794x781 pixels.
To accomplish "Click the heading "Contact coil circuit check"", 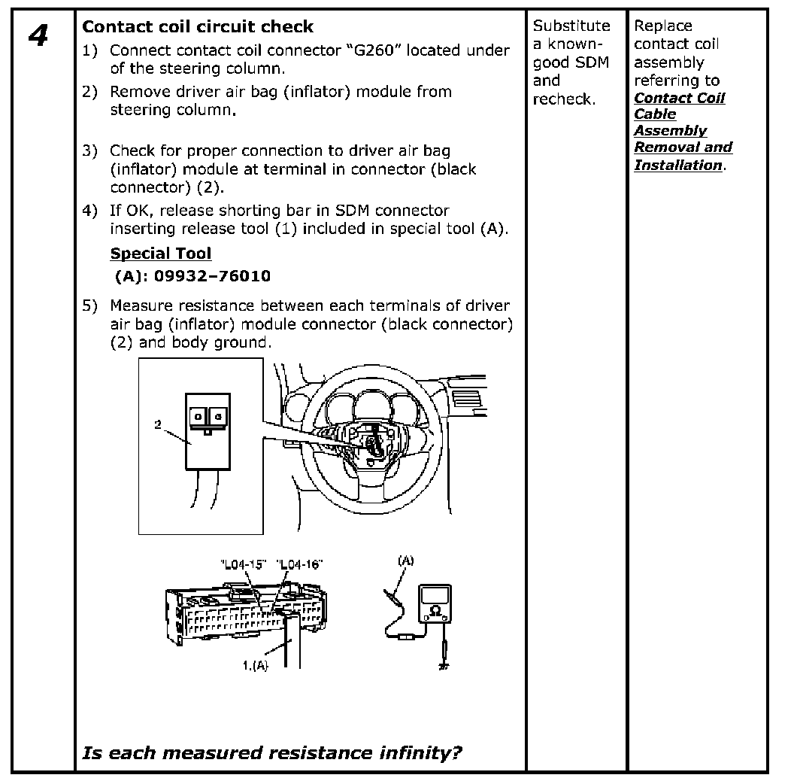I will coord(197,27).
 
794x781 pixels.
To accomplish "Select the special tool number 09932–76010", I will coord(212,276).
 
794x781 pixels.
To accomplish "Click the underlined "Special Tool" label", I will coord(161,254).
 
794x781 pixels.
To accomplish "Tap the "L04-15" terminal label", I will coord(244,565).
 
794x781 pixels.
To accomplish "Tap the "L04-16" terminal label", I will coord(299,565).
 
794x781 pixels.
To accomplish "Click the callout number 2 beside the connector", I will coord(158,425).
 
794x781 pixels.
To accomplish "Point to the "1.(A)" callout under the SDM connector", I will coord(255,665).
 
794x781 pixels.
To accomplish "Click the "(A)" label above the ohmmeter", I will coord(405,561).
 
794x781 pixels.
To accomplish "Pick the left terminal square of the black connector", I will coord(197,415).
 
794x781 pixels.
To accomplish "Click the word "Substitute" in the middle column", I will coord(571,26).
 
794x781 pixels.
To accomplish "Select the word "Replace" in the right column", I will coord(662,26).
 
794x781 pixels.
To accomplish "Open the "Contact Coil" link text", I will coord(679,98).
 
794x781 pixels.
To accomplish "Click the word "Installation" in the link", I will coord(677,165).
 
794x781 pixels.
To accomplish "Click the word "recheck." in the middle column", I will coord(564,99).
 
